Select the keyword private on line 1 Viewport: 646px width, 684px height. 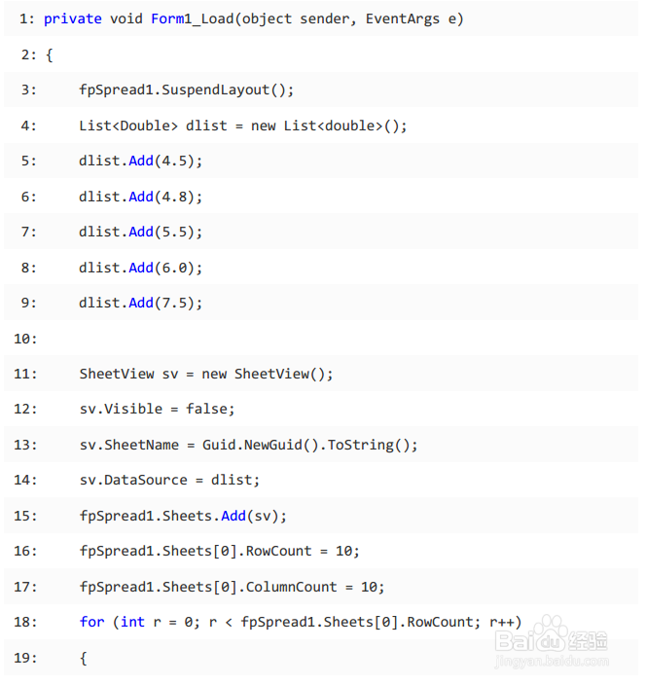click(x=72, y=19)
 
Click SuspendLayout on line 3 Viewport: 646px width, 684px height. click(x=215, y=90)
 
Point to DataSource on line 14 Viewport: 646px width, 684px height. click(x=145, y=480)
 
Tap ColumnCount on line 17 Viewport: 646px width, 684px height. click(x=288, y=587)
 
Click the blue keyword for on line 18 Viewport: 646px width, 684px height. click(x=91, y=622)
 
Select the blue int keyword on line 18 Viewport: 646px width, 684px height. click(x=132, y=622)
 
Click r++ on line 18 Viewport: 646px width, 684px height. click(x=501, y=622)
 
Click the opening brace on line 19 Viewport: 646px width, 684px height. click(x=84, y=658)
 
